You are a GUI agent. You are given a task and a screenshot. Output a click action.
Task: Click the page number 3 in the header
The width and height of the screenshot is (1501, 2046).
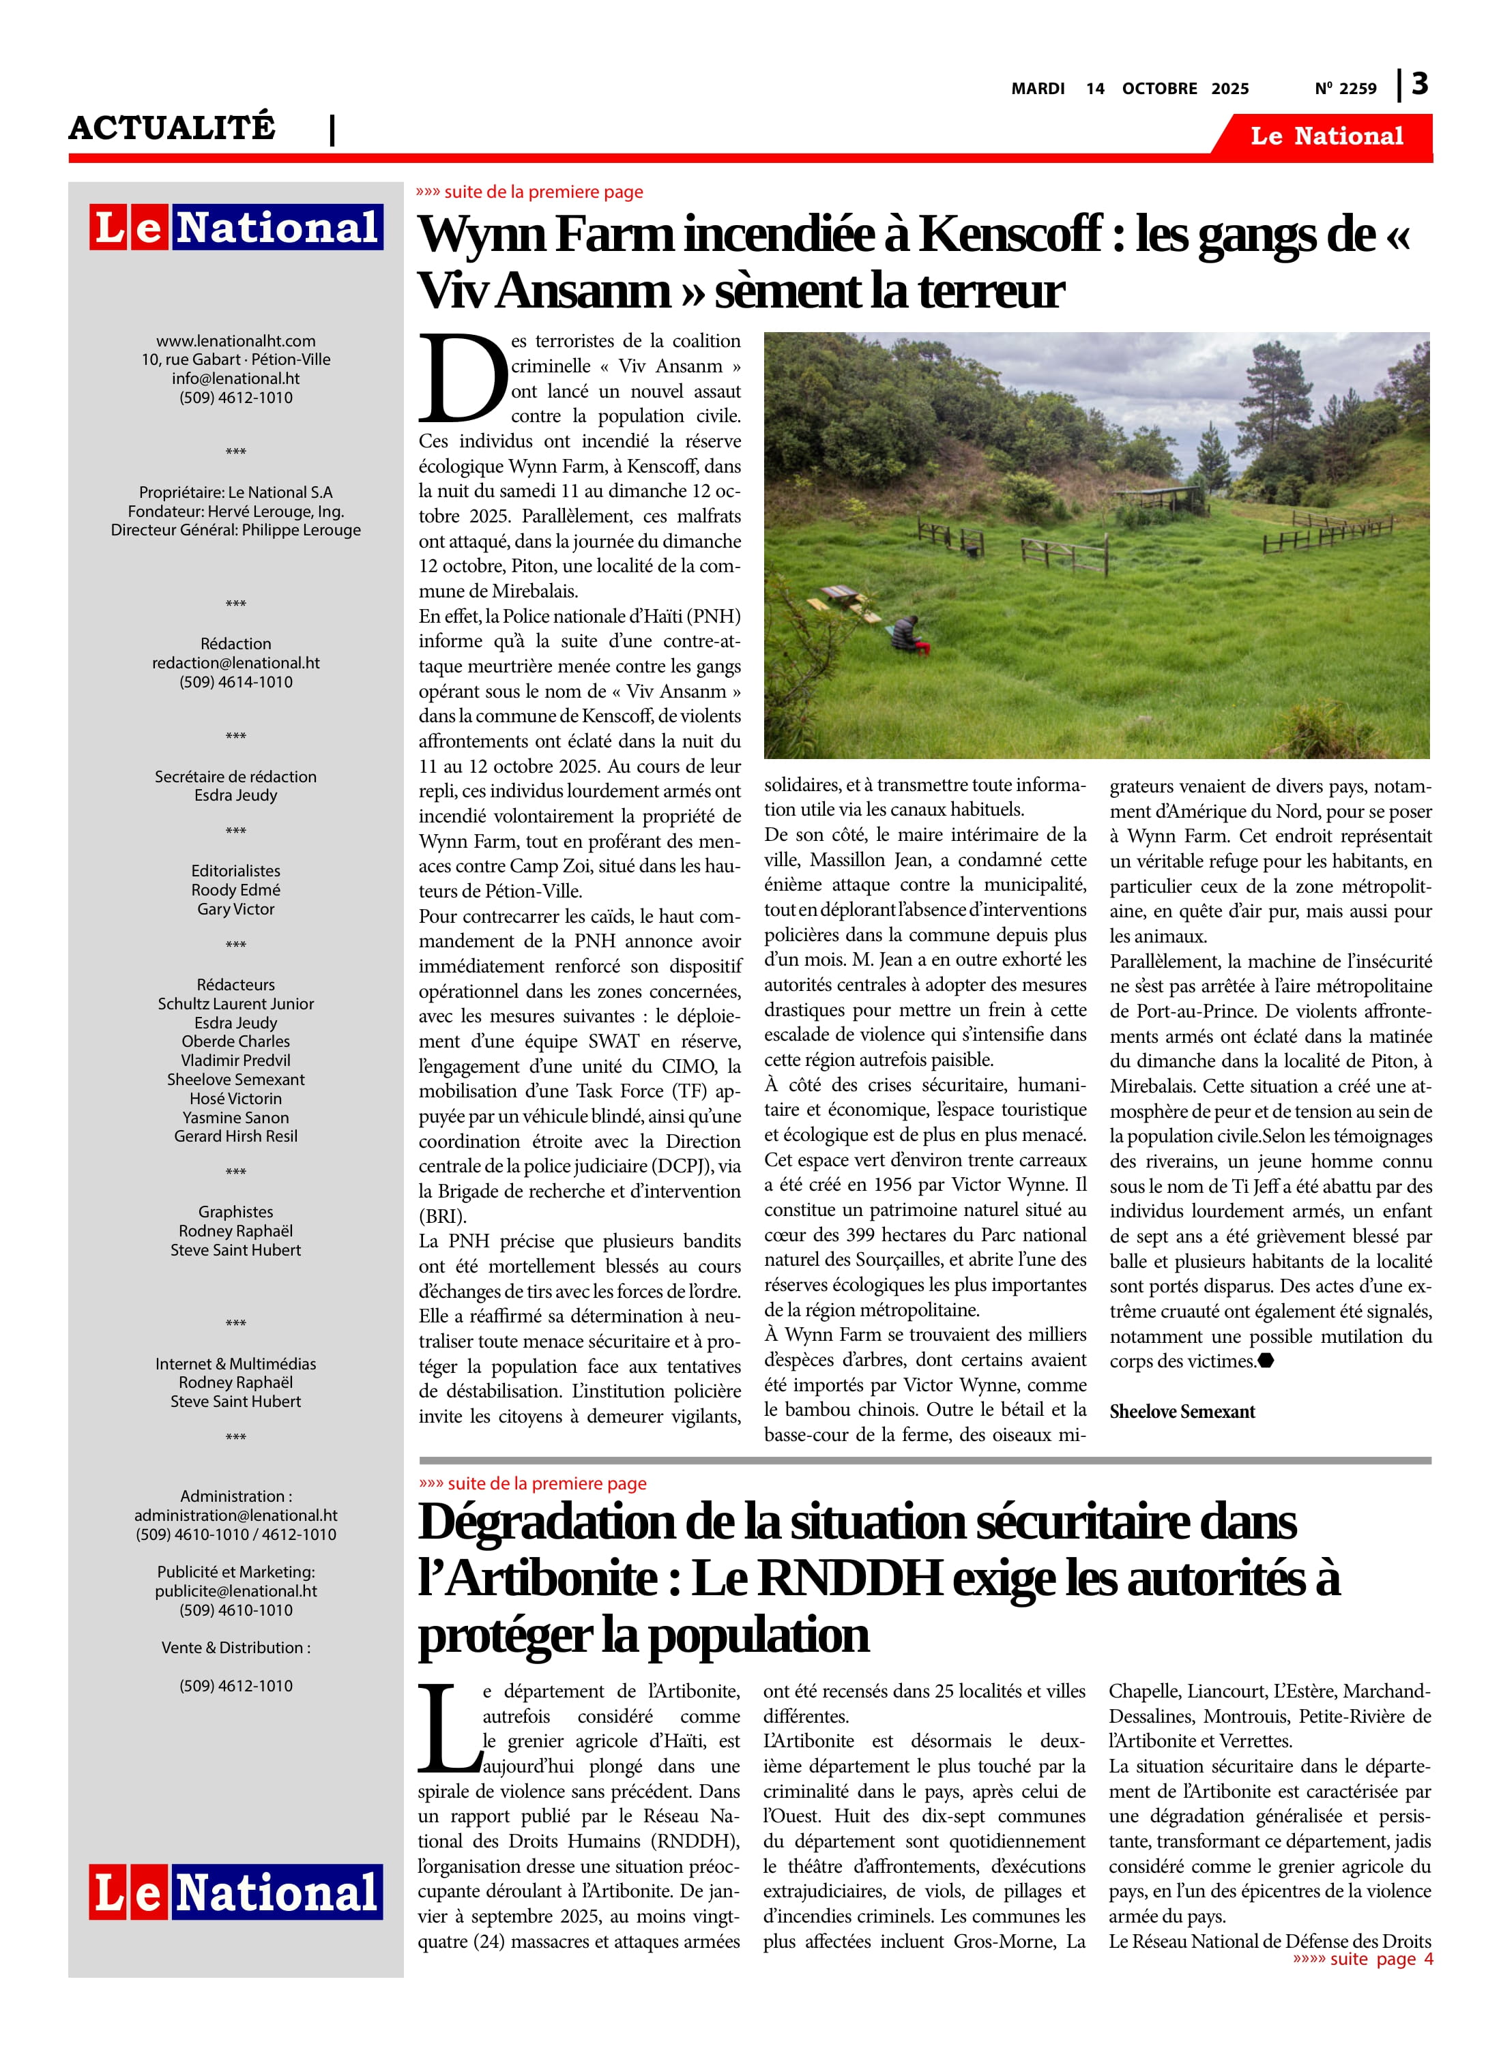tap(1419, 85)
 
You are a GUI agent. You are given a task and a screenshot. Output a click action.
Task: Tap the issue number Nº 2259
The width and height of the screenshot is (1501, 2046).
tap(1345, 89)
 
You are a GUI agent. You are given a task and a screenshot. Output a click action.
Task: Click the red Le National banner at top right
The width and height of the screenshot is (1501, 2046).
tap(1326, 136)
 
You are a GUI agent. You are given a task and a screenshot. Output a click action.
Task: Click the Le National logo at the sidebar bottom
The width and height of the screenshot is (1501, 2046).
tap(235, 1893)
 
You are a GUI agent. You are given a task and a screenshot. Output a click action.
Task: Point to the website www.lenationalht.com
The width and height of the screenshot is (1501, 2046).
tap(235, 340)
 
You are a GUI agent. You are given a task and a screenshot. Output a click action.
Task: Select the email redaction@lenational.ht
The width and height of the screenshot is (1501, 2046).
tap(235, 663)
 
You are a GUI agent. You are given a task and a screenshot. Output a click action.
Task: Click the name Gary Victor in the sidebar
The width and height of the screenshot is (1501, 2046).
tap(235, 909)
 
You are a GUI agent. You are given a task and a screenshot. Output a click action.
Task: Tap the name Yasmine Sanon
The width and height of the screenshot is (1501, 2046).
tap(235, 1118)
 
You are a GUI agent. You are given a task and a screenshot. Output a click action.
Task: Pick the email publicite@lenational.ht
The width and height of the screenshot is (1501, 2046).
tap(235, 1591)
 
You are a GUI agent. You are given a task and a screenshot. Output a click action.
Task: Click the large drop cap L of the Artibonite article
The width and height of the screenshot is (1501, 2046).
tap(449, 1728)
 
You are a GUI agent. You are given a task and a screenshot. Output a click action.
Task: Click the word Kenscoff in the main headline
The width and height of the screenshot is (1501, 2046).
tap(1010, 235)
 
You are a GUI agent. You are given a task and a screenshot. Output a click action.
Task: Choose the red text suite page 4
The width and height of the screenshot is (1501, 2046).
tap(1363, 1959)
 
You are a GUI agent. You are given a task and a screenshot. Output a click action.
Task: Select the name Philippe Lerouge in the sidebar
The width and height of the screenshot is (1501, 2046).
tap(301, 529)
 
